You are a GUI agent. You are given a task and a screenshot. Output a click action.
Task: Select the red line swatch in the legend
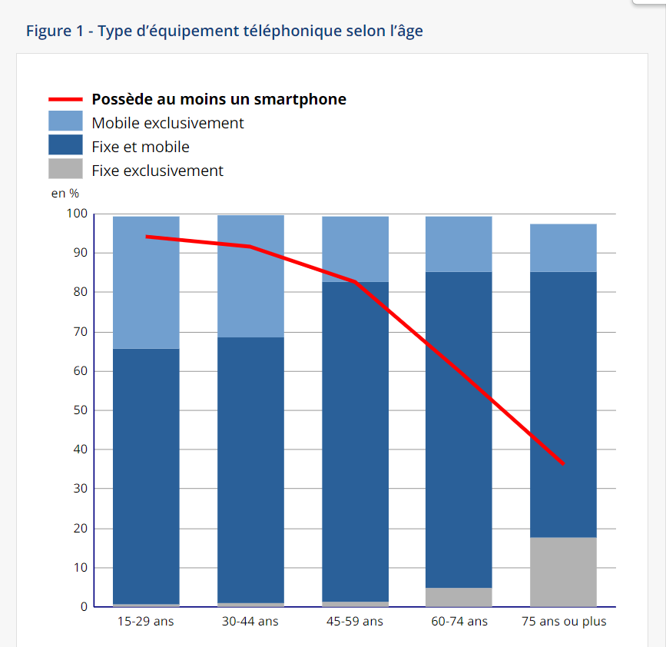[65, 99]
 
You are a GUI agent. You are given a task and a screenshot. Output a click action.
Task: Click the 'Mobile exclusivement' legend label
[167, 123]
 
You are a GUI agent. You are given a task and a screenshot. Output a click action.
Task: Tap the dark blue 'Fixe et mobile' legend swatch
[65, 145]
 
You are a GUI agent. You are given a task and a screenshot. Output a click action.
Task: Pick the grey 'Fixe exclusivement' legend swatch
[65, 169]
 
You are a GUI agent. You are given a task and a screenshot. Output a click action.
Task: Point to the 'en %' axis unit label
[65, 194]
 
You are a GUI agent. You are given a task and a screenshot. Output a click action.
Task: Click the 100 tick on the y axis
[78, 214]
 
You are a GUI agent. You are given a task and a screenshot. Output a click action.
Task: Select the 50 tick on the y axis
[80, 410]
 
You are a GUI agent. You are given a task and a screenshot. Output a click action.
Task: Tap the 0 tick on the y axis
[84, 607]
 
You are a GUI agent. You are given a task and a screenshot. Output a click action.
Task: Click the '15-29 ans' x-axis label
[145, 622]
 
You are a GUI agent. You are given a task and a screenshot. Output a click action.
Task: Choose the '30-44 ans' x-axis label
[250, 622]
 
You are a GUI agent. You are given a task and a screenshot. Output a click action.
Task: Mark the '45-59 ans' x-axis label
[355, 622]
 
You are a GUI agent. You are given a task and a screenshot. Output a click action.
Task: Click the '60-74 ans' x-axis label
[459, 622]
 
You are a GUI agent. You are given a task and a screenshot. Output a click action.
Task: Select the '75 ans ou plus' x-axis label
[563, 622]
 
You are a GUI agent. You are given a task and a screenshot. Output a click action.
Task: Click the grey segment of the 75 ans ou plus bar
[563, 572]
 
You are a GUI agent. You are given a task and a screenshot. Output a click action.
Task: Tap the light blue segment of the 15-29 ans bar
[146, 282]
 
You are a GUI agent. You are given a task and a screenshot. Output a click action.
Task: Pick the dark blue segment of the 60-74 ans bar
[459, 430]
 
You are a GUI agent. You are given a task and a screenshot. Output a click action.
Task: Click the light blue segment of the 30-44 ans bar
[250, 276]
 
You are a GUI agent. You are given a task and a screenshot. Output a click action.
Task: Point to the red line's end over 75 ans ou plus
[563, 463]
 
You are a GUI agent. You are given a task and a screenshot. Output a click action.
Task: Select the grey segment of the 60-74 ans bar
[459, 597]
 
